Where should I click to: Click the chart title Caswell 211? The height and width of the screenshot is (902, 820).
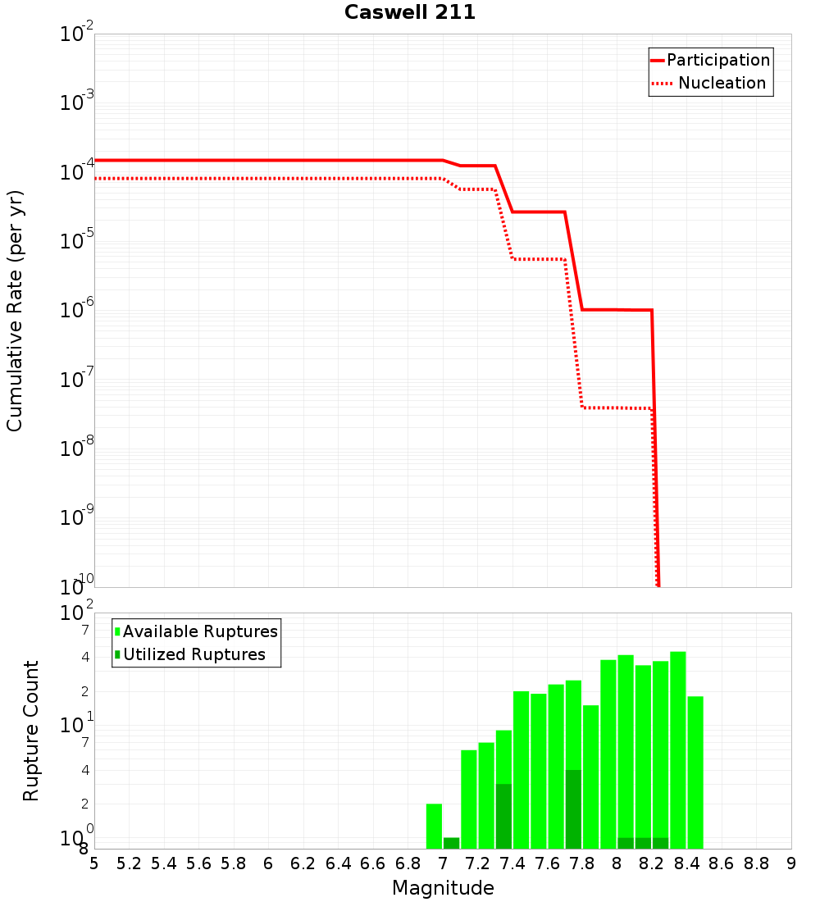coord(410,13)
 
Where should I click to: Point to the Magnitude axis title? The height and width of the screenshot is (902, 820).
coord(443,888)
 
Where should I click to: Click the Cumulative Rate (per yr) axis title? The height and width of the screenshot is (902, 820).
coord(15,310)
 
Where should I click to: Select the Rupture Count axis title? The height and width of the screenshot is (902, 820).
coord(31,730)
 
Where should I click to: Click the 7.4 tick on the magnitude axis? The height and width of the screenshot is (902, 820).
coord(512,863)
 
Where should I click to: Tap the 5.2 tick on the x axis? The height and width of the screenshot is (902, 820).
coord(130,863)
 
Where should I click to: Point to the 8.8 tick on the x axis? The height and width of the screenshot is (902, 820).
coord(756,863)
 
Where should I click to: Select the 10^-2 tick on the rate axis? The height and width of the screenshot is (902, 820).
coord(77,34)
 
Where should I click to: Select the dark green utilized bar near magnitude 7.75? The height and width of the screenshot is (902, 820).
coord(573,808)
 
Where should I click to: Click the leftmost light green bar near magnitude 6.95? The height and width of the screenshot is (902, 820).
coord(434,826)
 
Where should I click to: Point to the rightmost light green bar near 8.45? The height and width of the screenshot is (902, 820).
coord(695,771)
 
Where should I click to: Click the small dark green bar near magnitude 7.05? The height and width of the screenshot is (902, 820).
coord(451,843)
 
